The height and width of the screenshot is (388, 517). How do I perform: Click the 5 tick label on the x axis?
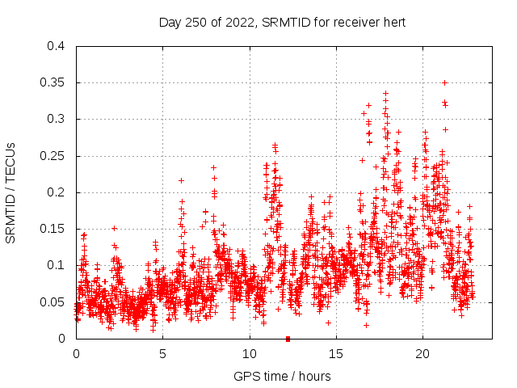(x=162, y=353)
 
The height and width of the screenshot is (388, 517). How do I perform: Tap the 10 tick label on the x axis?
(x=249, y=353)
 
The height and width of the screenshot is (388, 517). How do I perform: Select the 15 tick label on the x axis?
(x=335, y=353)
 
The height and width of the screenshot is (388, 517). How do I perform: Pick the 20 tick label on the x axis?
(x=422, y=353)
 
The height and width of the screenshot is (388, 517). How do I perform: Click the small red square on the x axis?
(x=288, y=339)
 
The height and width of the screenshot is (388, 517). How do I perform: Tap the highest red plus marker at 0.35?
(x=444, y=82)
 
